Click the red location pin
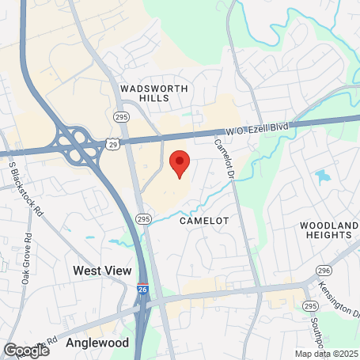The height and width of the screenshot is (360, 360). pos(180,162)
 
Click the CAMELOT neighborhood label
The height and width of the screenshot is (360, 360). pos(203,221)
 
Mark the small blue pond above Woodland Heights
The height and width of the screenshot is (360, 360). pos(321,177)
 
